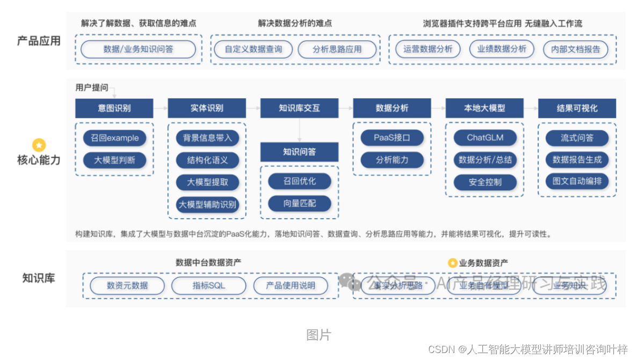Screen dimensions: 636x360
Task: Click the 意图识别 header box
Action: point(114,108)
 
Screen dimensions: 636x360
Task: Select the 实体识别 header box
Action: point(207,108)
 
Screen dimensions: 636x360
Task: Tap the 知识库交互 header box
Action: point(299,108)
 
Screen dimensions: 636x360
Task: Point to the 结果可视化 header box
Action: point(577,108)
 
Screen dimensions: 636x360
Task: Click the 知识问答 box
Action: point(299,152)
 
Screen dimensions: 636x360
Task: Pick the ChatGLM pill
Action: point(485,138)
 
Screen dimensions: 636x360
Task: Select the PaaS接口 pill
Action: point(392,138)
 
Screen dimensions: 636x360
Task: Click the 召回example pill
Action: point(114,138)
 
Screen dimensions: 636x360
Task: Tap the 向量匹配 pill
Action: point(300,204)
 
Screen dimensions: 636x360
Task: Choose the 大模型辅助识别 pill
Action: point(207,204)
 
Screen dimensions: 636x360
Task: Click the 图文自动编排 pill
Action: point(577,181)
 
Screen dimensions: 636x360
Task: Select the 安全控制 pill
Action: point(485,182)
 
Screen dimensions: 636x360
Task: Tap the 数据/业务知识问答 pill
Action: point(139,49)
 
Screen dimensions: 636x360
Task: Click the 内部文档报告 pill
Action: point(576,49)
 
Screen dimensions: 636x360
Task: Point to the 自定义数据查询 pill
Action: point(254,49)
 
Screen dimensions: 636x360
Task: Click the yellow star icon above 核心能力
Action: point(39,145)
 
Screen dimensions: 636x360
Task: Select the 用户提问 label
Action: point(92,88)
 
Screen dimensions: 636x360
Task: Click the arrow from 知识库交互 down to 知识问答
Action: point(299,131)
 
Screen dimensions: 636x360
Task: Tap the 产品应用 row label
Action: point(39,41)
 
